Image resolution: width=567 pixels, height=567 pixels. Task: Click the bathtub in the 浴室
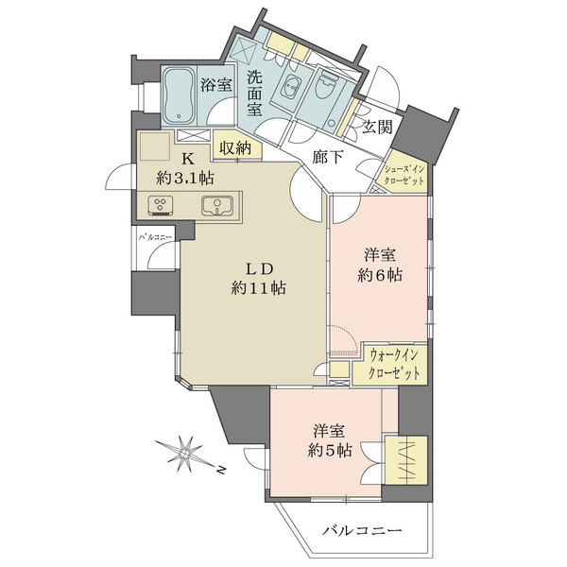(x=179, y=95)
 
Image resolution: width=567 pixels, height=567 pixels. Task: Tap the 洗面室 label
(x=254, y=94)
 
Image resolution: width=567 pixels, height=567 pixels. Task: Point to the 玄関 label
(x=377, y=127)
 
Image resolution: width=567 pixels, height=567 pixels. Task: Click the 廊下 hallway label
(x=327, y=157)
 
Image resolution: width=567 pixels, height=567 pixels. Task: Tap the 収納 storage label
(x=235, y=148)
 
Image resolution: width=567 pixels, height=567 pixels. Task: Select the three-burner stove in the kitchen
(x=161, y=206)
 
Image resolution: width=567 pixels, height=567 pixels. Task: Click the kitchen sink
(x=217, y=206)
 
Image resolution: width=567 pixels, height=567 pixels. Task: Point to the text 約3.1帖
(x=185, y=179)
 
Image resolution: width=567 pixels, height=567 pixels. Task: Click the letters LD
(x=259, y=268)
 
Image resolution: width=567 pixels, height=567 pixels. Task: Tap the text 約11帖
(x=259, y=288)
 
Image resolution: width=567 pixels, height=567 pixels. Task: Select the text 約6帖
(x=380, y=276)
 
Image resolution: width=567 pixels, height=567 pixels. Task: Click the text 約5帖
(x=330, y=450)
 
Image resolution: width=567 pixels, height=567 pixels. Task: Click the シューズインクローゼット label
(x=404, y=175)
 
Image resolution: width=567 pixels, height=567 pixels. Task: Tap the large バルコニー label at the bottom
(x=362, y=531)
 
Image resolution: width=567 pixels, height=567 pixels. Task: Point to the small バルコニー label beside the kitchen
(x=156, y=237)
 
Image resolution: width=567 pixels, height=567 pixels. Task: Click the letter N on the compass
(x=221, y=470)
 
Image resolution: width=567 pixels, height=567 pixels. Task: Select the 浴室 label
(x=216, y=85)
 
